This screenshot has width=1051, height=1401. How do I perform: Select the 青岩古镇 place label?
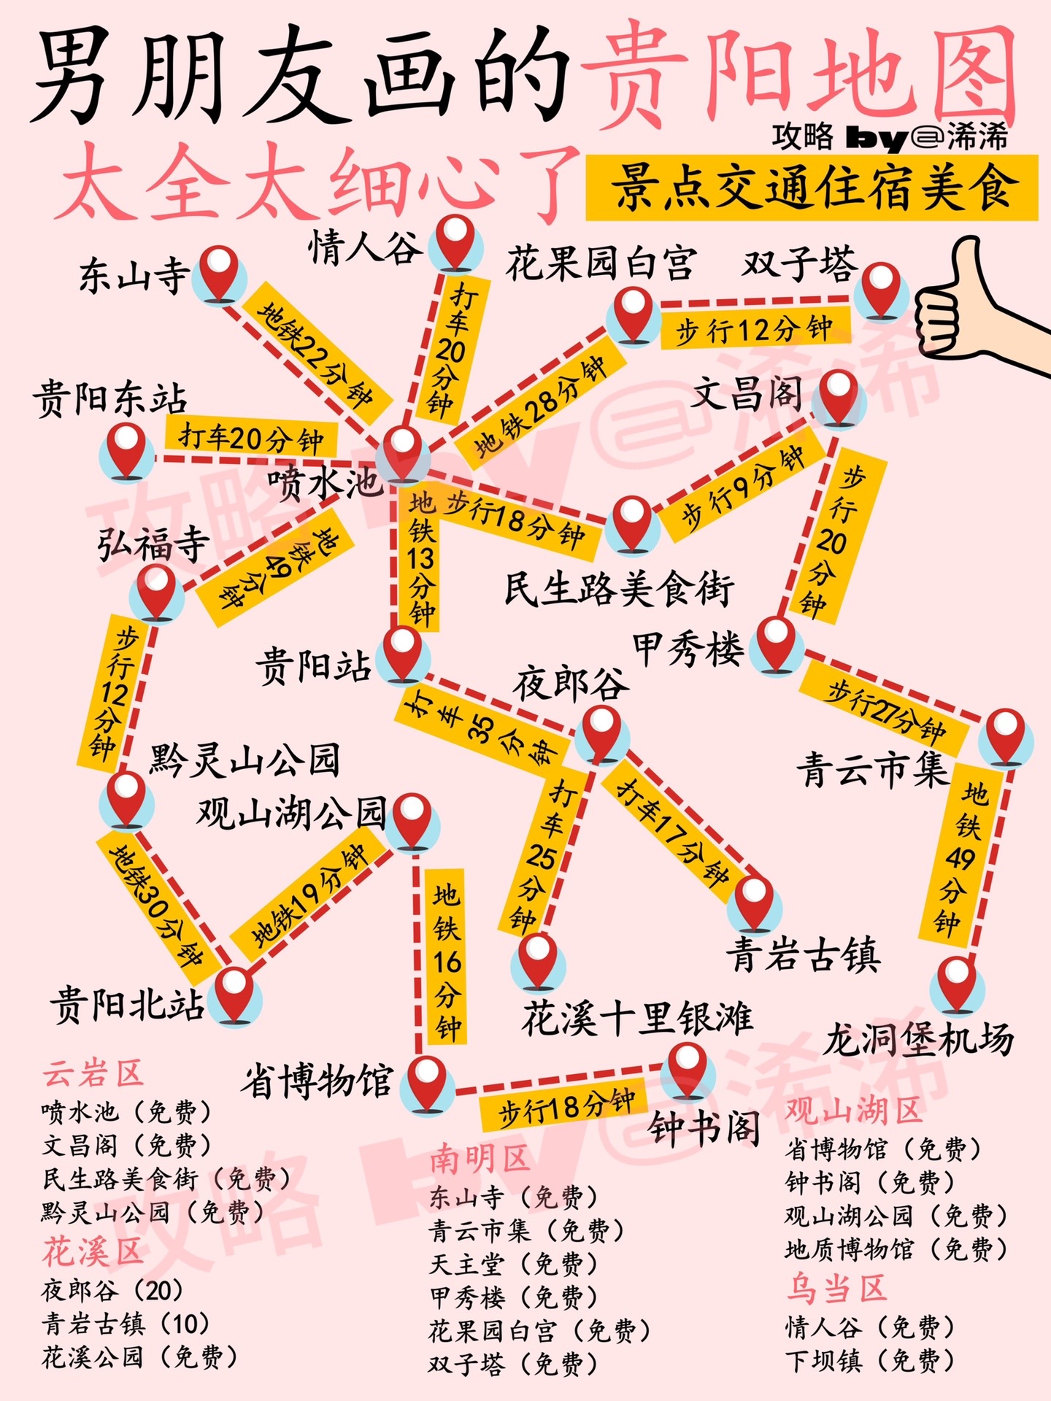tap(803, 954)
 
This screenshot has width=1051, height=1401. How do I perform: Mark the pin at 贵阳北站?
tap(234, 994)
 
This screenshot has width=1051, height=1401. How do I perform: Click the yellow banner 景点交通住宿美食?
tap(812, 188)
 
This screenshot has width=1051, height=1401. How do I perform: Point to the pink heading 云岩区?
tap(93, 1074)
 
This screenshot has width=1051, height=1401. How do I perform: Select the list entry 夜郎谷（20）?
tap(112, 1290)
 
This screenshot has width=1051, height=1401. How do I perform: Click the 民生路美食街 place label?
tap(619, 588)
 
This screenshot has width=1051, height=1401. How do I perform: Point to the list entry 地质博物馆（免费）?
tap(896, 1249)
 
